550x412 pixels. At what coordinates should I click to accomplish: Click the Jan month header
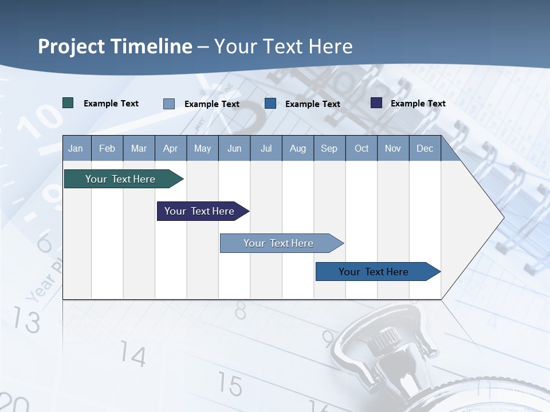76,148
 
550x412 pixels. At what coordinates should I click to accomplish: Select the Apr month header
170,148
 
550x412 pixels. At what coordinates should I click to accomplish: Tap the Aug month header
297,148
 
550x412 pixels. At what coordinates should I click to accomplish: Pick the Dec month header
425,148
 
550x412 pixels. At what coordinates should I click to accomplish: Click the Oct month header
362,148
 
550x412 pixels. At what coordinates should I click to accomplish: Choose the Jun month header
234,148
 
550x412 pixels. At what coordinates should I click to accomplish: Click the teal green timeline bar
120,179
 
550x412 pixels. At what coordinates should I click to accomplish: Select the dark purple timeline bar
199,211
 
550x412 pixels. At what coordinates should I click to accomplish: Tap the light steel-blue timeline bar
278,243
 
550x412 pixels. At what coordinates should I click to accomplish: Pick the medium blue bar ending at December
374,272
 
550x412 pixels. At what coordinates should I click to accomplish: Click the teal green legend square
68,103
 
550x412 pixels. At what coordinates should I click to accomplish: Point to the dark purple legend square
376,103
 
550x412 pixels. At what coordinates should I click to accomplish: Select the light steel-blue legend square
168,104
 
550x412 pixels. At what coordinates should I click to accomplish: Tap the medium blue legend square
270,104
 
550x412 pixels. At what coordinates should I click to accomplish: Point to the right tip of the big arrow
503,217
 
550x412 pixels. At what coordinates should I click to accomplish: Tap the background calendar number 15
230,385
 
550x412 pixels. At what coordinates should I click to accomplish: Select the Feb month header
107,148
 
